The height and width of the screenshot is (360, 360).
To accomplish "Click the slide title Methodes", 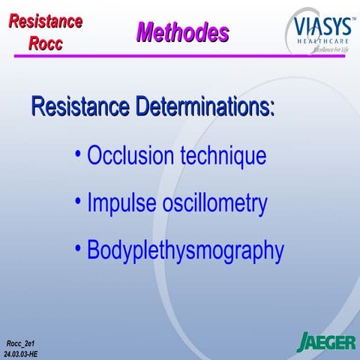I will point(182,32).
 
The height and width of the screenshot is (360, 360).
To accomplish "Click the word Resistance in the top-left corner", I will point(46,21).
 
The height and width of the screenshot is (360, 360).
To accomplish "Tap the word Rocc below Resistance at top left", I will point(46,43).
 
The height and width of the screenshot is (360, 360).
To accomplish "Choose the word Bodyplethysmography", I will point(185,251).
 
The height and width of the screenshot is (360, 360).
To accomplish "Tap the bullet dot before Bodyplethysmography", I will point(79,249).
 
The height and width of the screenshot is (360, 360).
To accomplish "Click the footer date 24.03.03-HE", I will point(22,352).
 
